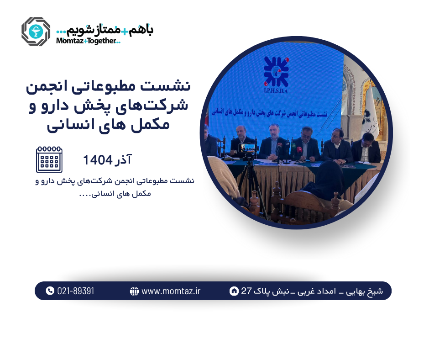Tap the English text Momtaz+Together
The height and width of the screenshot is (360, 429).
(x=88, y=41)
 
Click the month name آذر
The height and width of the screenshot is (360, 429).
(x=123, y=159)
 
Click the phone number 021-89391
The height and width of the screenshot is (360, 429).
(x=76, y=291)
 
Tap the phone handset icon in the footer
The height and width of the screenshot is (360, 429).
(x=50, y=291)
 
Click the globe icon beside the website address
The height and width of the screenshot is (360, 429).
(x=134, y=291)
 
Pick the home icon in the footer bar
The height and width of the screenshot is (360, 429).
(x=234, y=291)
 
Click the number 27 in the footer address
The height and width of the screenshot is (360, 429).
(x=246, y=291)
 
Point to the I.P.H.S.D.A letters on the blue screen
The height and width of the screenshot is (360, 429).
(x=276, y=90)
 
